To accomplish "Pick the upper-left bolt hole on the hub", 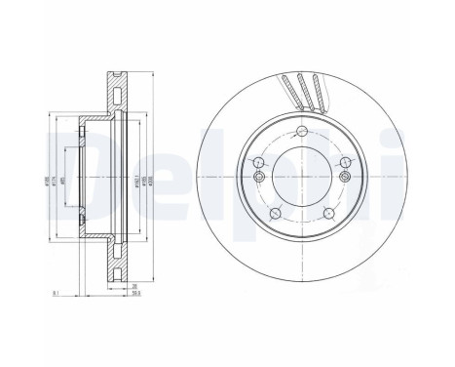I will pyautogui.click(x=257, y=165).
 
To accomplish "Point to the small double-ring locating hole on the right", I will pyautogui.click(x=346, y=190).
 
